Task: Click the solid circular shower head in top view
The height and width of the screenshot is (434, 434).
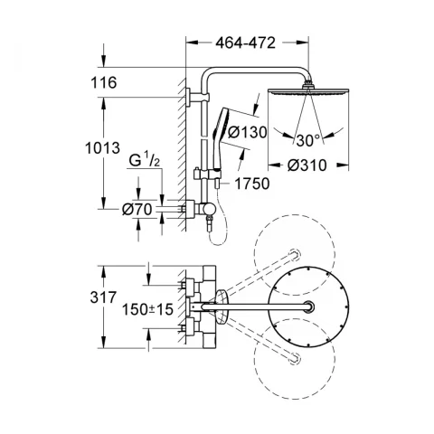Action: tap(309, 307)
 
